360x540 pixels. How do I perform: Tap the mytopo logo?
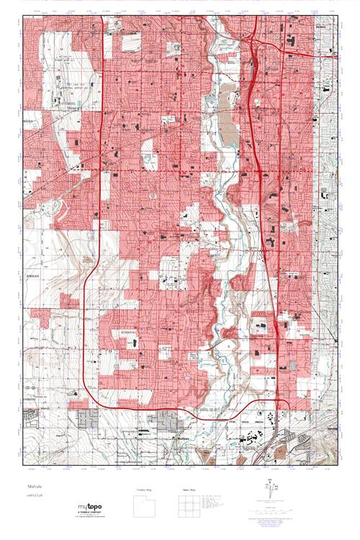pos(93,508)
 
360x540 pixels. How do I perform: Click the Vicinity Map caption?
pos(145,490)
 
